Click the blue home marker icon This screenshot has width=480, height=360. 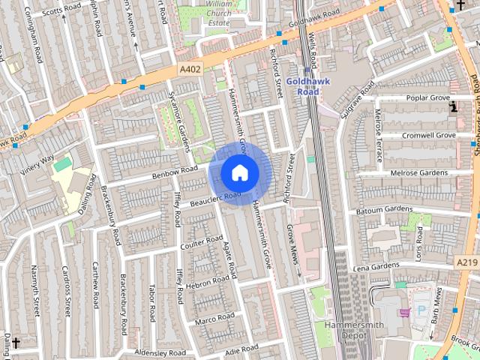click(239, 172)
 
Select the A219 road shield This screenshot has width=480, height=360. click(466, 262)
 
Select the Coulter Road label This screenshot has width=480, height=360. click(202, 242)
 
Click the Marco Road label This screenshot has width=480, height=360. click(215, 320)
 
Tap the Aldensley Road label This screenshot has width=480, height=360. click(160, 352)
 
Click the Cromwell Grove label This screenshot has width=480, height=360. click(428, 136)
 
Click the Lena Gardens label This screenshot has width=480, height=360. click(376, 267)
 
